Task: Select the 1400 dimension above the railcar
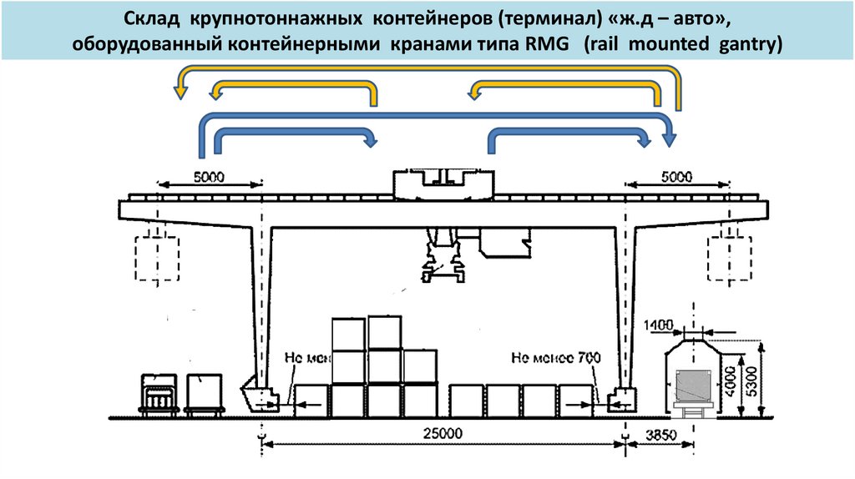658,323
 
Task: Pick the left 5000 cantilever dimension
209,177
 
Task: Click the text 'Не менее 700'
555,359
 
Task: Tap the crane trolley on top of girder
443,185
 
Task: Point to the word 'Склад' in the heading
153,18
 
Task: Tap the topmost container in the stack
384,332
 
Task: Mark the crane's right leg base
622,400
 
